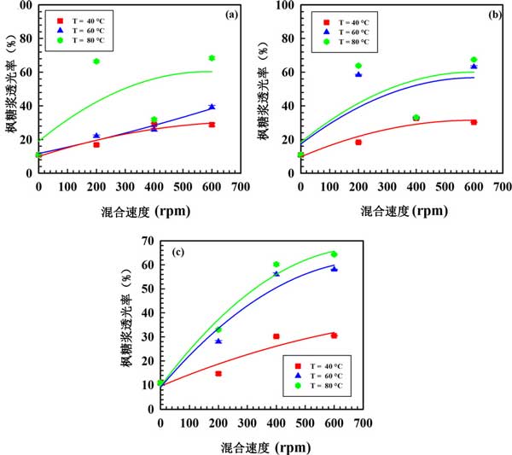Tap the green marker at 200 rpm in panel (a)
[x=96, y=61]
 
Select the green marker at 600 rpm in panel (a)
[x=212, y=58]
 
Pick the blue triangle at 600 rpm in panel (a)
[x=212, y=107]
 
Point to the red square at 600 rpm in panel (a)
[x=212, y=125]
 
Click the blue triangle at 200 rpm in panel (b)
[x=358, y=74]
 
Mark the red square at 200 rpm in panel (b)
[x=358, y=142]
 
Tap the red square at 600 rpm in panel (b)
[x=474, y=122]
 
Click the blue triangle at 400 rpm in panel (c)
[x=276, y=273]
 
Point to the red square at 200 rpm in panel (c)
[x=218, y=373]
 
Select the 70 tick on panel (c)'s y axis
[x=149, y=242]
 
